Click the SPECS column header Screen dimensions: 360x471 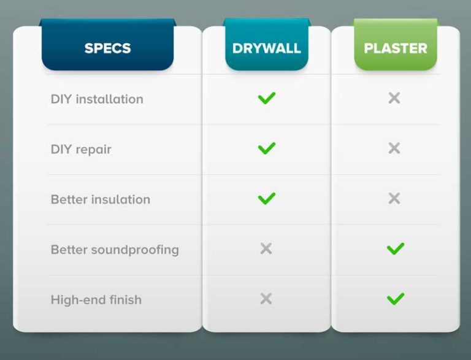107,48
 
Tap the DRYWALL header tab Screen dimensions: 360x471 266,48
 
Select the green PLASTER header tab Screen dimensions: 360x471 396,48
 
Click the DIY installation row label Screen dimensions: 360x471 97,99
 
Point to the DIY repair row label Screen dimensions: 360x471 81,149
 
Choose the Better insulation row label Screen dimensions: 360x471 100,199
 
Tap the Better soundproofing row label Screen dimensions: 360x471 115,250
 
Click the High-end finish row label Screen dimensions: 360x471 96,300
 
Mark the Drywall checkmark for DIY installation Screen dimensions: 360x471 266,98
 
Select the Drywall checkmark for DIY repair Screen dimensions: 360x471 266,148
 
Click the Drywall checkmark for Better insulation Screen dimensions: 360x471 266,199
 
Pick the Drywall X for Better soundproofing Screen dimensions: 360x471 266,248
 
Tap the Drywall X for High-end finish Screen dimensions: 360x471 266,299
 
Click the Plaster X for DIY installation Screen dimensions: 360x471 394,98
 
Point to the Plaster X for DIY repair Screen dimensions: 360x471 394,148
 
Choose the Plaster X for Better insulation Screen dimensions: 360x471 394,199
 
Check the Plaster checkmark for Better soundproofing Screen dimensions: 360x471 396,249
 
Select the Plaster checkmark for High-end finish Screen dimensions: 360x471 396,299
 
